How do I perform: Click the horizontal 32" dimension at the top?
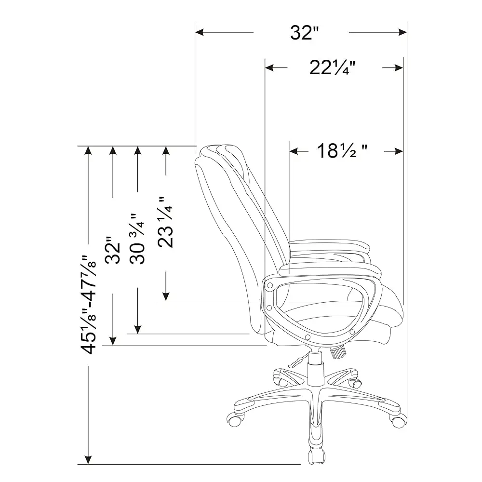tap(305, 33)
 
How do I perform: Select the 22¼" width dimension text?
tap(333, 68)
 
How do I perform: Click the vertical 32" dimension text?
tap(113, 251)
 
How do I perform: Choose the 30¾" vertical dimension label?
tap(138, 240)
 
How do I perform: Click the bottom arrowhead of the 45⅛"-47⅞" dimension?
tap(88, 459)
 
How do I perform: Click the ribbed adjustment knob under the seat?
tap(338, 353)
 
